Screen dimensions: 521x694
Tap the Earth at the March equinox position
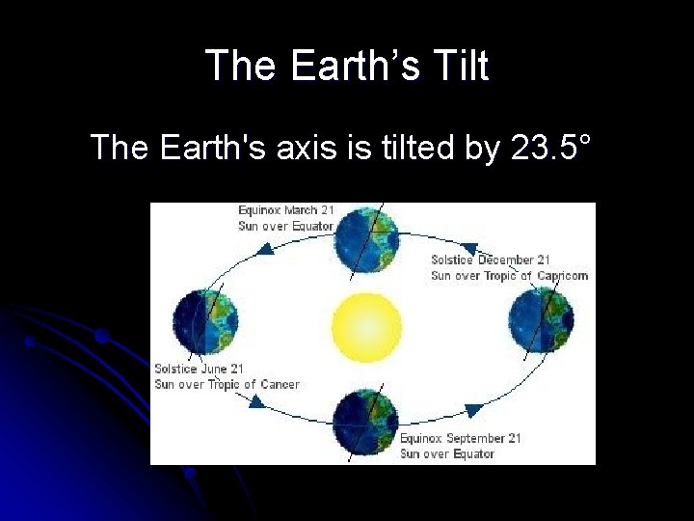point(366,239)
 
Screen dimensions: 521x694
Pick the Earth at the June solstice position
point(205,321)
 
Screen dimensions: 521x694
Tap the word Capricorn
point(562,275)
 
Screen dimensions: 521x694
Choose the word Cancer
point(280,384)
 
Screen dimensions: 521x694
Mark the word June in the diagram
point(213,369)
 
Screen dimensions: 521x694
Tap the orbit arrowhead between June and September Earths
point(256,400)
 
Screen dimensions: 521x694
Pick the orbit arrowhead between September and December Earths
point(472,411)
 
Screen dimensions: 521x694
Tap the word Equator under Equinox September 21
point(472,453)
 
